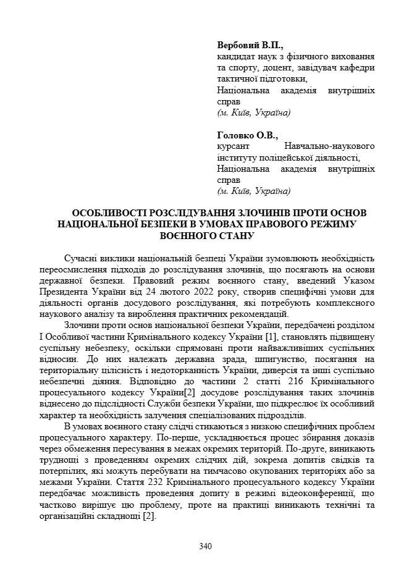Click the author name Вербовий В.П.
click(250, 45)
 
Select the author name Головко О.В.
click(248, 135)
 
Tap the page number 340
click(206, 546)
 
